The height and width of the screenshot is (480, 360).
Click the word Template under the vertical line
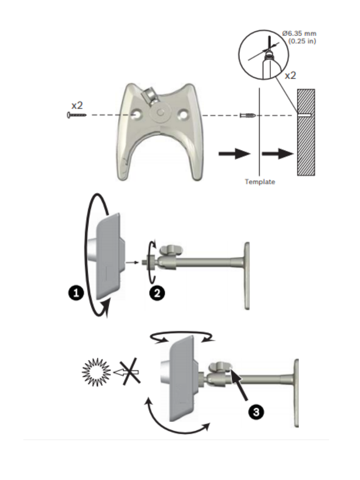[x=260, y=182]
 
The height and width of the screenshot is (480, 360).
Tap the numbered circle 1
[x=76, y=293]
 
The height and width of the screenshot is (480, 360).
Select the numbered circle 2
[x=157, y=293]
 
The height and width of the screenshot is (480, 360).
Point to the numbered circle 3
[x=256, y=412]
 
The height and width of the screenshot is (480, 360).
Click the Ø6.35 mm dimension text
[x=299, y=34]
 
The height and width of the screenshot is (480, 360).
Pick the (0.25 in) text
[x=302, y=41]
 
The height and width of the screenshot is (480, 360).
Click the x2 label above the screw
[x=77, y=105]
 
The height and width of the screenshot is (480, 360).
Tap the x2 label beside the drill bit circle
[x=291, y=75]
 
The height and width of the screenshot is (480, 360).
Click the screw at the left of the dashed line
[x=76, y=115]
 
